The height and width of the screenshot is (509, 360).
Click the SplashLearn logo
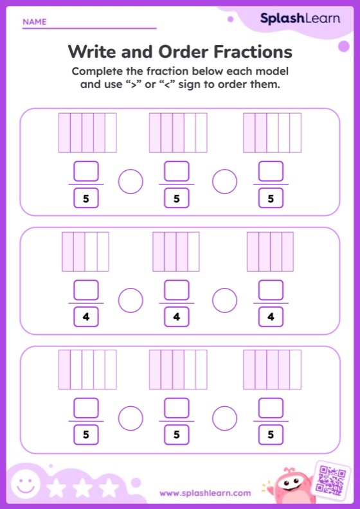pyautogui.click(x=300, y=19)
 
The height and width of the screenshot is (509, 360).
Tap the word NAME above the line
pyautogui.click(x=35, y=22)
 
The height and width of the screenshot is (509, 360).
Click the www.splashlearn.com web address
pyautogui.click(x=205, y=493)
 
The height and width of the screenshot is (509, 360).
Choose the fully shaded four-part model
pyautogui.click(x=270, y=251)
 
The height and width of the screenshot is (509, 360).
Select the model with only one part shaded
pyautogui.click(x=87, y=370)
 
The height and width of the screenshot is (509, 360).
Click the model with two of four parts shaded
pyautogui.click(x=85, y=251)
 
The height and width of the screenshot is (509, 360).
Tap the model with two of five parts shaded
pyautogui.click(x=272, y=133)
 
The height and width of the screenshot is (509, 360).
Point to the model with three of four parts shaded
pyautogui.click(x=176, y=251)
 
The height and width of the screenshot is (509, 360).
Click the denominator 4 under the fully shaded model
pyautogui.click(x=271, y=316)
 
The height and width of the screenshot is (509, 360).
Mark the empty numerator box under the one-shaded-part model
pyautogui.click(x=86, y=408)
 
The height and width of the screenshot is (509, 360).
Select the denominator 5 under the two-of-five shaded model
pyautogui.click(x=271, y=198)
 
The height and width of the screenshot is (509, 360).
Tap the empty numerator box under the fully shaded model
pyautogui.click(x=271, y=290)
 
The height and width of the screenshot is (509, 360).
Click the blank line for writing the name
pyautogui.click(x=89, y=28)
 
